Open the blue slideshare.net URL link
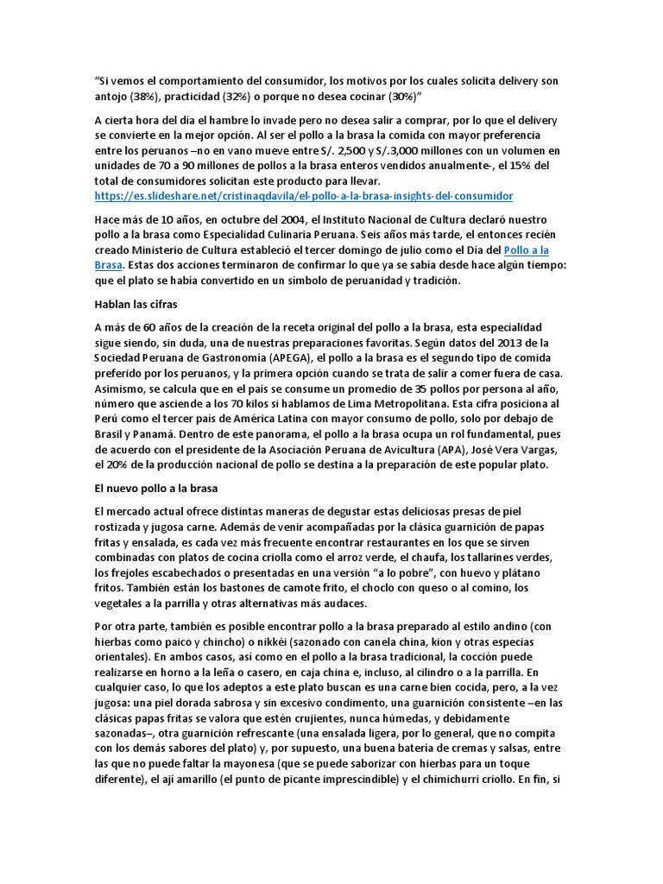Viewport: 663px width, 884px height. click(x=303, y=196)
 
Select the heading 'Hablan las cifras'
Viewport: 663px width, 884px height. click(x=136, y=304)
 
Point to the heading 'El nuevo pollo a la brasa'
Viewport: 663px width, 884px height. click(x=157, y=488)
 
